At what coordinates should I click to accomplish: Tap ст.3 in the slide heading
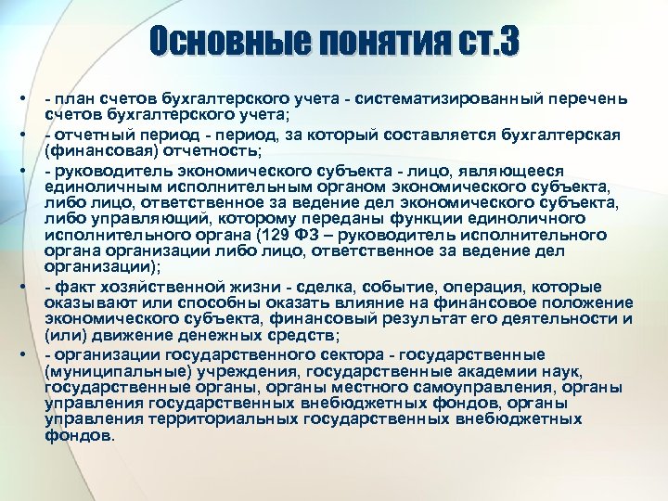coord(486,42)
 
